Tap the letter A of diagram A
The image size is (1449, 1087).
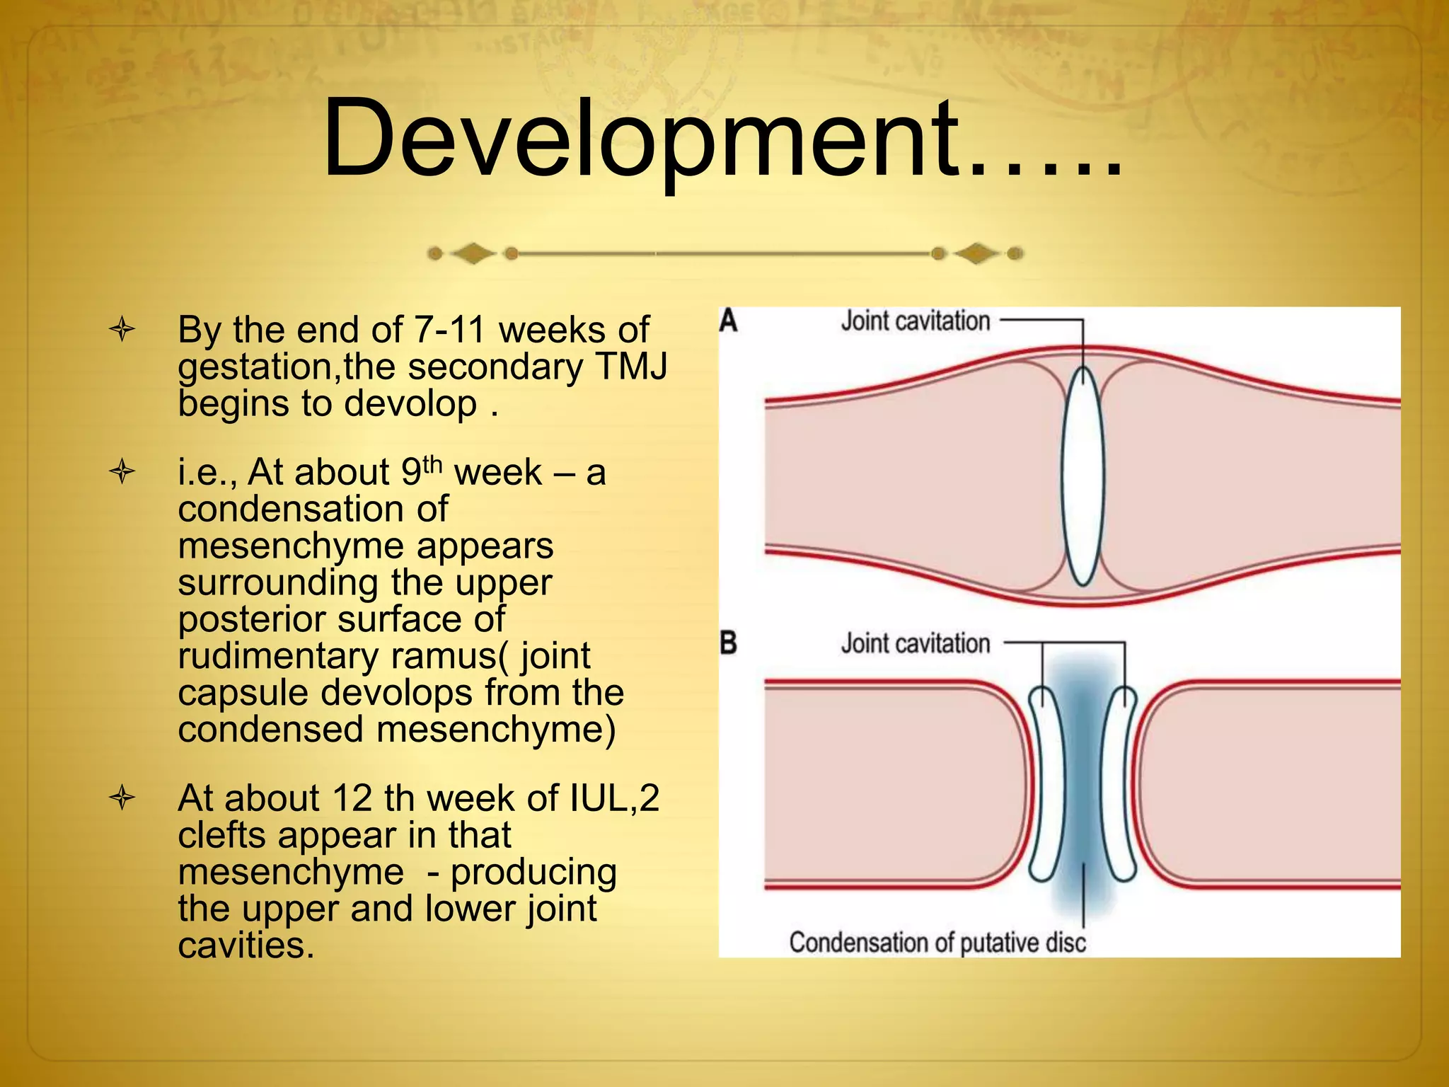pos(728,321)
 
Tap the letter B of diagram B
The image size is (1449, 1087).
pos(728,643)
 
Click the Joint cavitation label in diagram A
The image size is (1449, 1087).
pos(915,321)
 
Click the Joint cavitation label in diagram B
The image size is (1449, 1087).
pos(915,643)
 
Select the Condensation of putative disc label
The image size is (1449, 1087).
pos(937,942)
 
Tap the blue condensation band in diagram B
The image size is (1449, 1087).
pos(1083,786)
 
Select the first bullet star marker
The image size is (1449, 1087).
pos(122,330)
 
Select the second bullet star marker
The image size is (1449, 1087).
pos(122,472)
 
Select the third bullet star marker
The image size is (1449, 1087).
pos(122,798)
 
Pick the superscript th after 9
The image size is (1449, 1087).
pos(432,464)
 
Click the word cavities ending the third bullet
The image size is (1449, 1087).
pos(245,945)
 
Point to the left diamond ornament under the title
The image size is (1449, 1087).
pos(473,253)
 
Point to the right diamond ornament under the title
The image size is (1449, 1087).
pos(976,253)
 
